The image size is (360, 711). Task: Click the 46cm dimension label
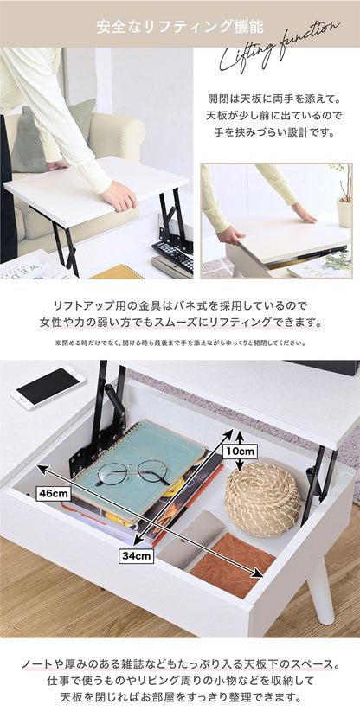[x=54, y=493]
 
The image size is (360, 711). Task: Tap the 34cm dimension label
[x=136, y=556]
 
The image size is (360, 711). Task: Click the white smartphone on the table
[x=48, y=387]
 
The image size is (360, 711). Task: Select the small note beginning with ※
[x=179, y=343]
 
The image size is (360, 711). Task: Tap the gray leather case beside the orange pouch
[x=191, y=540]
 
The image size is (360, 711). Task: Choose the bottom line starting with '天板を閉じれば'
[x=179, y=697]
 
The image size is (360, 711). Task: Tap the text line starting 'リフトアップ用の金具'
[x=179, y=305]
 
